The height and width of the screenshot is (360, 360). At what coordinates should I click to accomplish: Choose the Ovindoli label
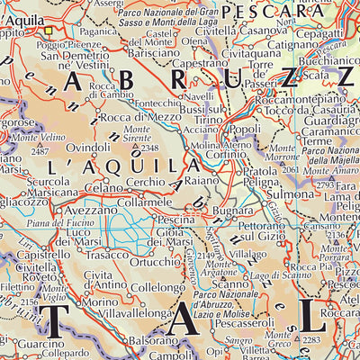coord(88,147)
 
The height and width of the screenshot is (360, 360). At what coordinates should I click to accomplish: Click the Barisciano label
coord(143,54)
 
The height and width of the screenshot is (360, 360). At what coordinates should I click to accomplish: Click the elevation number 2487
coord(40,151)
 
